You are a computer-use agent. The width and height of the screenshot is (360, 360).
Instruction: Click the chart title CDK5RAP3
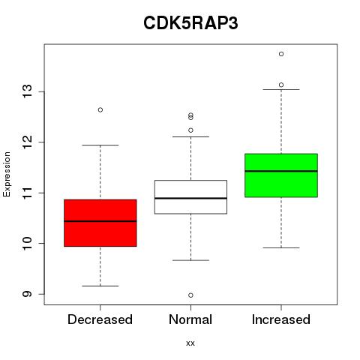point(190,23)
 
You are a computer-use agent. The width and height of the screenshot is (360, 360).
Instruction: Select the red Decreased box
point(100,223)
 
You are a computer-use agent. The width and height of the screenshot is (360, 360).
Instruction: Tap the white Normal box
point(190,197)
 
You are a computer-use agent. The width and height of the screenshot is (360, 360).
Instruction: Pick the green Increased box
point(281,175)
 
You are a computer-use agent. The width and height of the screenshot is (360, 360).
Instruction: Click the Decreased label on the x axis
point(100,319)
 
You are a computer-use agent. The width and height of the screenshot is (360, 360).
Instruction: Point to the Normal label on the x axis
point(190,319)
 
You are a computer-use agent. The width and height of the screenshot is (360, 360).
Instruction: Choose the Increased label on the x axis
point(281,319)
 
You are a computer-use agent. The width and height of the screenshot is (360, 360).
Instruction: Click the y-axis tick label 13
point(27,91)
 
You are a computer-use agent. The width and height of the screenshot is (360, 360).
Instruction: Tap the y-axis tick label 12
point(27,142)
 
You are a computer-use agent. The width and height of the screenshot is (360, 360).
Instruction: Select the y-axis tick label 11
point(27,193)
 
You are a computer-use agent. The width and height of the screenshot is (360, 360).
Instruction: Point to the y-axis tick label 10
point(27,243)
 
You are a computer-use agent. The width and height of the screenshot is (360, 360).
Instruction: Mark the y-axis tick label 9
point(27,294)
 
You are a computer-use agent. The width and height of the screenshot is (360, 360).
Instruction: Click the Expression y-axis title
point(7,174)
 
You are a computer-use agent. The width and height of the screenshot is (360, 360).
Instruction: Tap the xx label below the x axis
point(190,343)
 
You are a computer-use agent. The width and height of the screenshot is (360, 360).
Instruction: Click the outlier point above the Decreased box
point(100,109)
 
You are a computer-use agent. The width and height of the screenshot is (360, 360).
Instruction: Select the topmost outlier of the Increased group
point(281,54)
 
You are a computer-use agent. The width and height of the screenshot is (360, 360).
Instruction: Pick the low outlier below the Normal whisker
point(190,295)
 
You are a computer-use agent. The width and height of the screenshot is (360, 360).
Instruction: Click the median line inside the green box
point(281,171)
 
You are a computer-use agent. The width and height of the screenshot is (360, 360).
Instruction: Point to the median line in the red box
point(100,221)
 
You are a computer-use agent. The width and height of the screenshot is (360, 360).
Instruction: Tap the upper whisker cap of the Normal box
point(190,136)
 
